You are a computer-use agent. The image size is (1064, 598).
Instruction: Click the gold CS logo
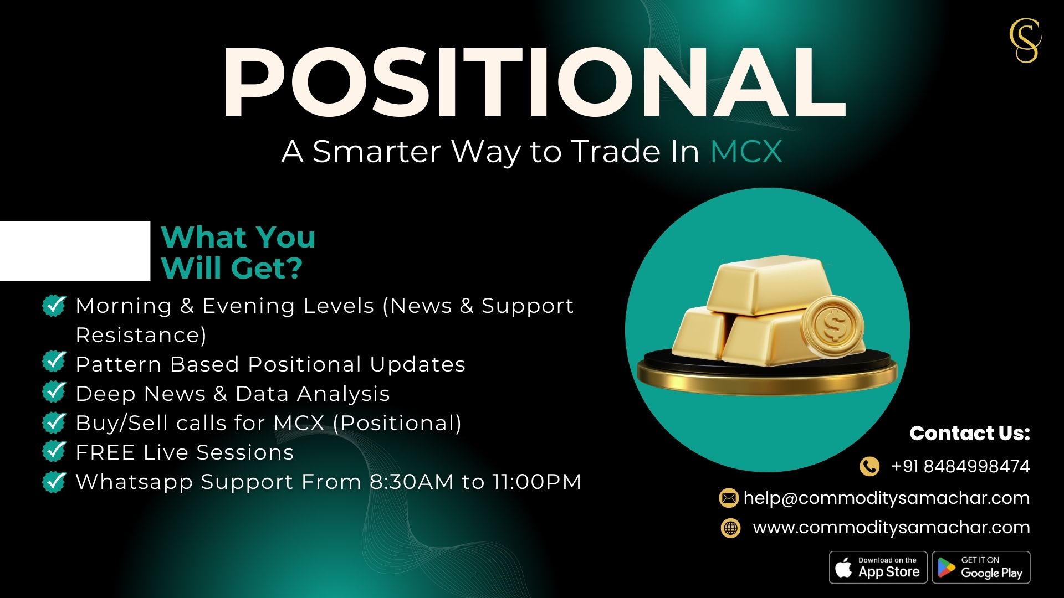(1025, 40)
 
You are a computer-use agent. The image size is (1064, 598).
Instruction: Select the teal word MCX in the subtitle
(746, 151)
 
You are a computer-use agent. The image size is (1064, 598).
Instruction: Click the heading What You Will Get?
(238, 252)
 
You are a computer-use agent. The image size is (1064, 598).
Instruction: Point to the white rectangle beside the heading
(75, 251)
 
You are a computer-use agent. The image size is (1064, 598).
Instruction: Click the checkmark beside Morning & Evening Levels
(54, 305)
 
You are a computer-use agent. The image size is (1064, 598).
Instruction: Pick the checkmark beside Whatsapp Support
(54, 481)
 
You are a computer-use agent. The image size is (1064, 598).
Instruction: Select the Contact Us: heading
(970, 433)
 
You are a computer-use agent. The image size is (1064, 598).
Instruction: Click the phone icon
(869, 466)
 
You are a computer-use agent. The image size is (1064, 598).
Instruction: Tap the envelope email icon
(729, 498)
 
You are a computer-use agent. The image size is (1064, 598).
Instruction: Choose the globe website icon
(730, 528)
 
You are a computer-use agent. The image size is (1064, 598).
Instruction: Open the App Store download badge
(878, 568)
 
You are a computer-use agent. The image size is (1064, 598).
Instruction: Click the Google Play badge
(981, 568)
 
